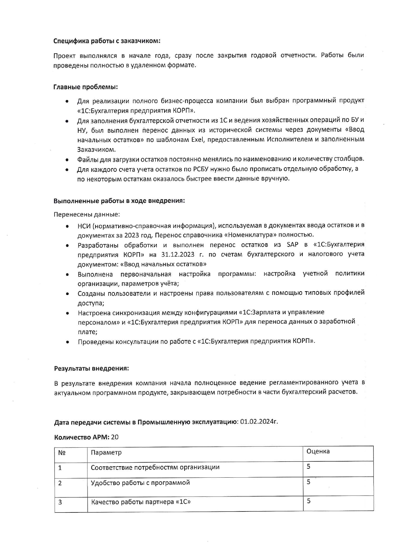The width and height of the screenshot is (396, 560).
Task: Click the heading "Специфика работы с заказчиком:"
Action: pos(107,41)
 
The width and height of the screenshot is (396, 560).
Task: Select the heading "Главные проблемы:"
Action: pos(86,87)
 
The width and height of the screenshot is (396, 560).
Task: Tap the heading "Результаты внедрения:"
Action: pos(91,368)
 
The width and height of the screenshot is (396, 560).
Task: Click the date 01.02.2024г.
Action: pos(259,422)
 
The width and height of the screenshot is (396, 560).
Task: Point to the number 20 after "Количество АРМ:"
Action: pos(115,437)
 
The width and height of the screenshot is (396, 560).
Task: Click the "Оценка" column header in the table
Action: pos(318,451)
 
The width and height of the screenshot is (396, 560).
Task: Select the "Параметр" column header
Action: pos(106,452)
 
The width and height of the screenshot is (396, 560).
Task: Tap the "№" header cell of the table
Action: pos(62,453)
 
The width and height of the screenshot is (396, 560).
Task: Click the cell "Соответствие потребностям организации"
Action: pos(155,467)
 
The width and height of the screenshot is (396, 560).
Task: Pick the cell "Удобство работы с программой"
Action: pos(140,482)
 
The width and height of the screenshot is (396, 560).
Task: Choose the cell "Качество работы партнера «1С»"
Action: pos(141,502)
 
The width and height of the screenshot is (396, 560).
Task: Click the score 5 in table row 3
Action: pos(309,501)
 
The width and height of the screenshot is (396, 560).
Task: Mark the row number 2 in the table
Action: pos(60,483)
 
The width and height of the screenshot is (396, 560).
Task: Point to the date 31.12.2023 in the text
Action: pos(178,254)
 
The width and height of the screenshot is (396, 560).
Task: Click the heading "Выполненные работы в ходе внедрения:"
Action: pos(119,201)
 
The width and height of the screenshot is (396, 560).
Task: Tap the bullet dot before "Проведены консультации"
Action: pos(68,342)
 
